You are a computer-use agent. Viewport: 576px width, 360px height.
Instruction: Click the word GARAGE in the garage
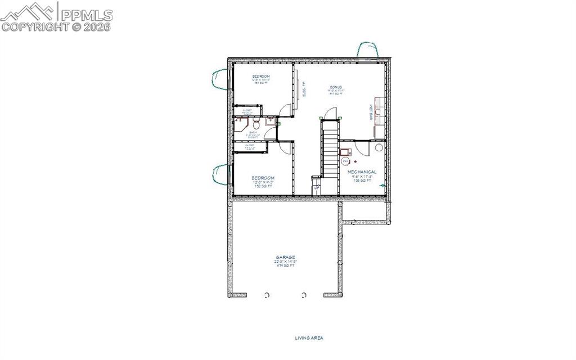tap(285, 257)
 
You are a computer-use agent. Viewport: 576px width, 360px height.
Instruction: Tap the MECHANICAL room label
tap(362, 172)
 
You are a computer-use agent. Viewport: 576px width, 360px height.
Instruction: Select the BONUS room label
tap(336, 87)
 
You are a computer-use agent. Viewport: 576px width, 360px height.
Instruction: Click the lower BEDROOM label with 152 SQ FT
tap(263, 178)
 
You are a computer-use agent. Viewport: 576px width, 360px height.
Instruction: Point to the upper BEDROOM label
tap(260, 76)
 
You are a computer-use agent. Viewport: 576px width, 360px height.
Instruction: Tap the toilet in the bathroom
tap(255, 123)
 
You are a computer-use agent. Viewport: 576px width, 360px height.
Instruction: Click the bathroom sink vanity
tap(270, 120)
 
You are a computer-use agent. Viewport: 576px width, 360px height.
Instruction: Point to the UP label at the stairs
tap(316, 187)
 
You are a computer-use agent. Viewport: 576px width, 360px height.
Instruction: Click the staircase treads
tap(329, 149)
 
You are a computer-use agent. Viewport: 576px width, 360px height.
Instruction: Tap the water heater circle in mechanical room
tap(345, 161)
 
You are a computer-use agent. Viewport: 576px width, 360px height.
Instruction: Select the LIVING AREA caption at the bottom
tap(309, 338)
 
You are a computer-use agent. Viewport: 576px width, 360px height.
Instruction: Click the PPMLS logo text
tap(87, 15)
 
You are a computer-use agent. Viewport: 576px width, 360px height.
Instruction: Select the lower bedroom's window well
tap(220, 175)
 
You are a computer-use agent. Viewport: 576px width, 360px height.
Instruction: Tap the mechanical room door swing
tap(359, 147)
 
